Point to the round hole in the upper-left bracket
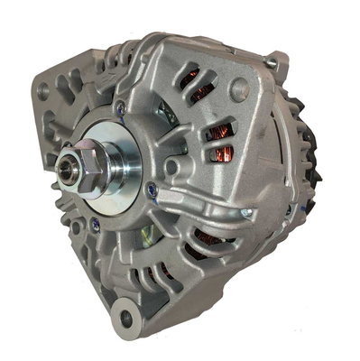coord(42,90)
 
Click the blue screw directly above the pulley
coord(121,108)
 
